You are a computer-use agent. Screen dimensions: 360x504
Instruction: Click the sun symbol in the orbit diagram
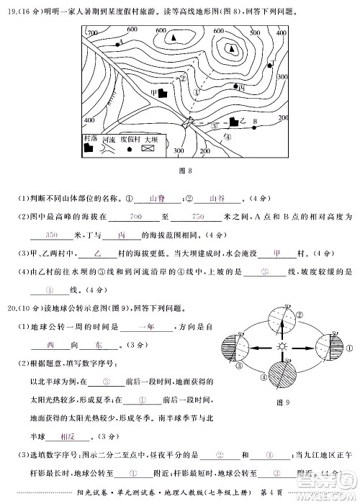pos(282,348)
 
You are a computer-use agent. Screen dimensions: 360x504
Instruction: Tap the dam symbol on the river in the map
pos(190,123)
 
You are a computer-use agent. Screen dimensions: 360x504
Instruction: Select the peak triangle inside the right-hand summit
pos(232,49)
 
